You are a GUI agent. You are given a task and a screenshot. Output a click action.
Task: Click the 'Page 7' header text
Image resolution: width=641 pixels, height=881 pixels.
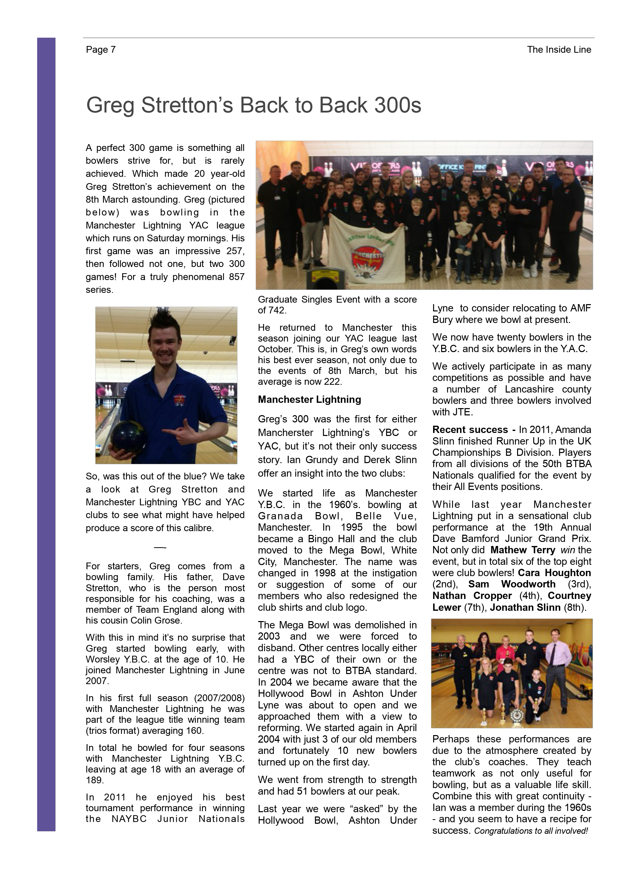point(101,50)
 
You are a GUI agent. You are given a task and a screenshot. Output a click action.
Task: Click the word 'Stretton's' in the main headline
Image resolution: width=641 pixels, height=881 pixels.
point(187,105)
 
